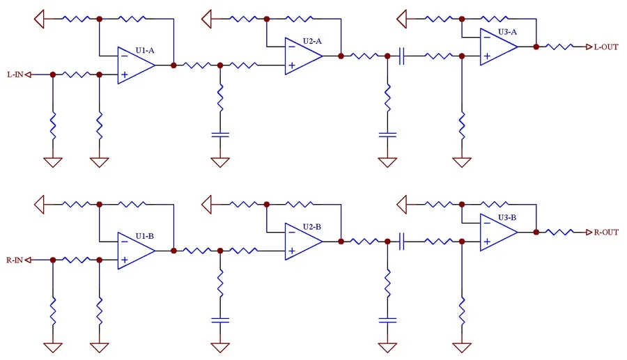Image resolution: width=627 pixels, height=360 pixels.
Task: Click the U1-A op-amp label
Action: coord(144,51)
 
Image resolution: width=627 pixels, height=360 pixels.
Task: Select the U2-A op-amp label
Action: coord(312,41)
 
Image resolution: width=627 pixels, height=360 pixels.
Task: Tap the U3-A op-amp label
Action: coord(507,32)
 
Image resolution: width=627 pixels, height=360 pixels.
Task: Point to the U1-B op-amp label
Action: coord(144,236)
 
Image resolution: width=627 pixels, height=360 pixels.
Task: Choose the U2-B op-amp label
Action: coord(312,227)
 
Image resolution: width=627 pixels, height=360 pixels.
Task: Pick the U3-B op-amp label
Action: coord(507,217)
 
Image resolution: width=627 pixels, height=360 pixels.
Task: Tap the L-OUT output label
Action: coord(605,47)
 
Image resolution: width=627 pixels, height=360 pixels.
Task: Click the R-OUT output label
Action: coord(605,232)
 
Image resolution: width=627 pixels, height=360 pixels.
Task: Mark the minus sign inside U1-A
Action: coord(123,56)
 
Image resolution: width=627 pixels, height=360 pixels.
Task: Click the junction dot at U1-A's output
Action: coord(173,65)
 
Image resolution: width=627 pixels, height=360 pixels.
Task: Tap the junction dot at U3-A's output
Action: coord(536,47)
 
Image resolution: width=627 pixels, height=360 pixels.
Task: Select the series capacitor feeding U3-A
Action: coord(402,56)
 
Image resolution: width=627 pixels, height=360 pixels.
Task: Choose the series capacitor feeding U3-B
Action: coord(402,242)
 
